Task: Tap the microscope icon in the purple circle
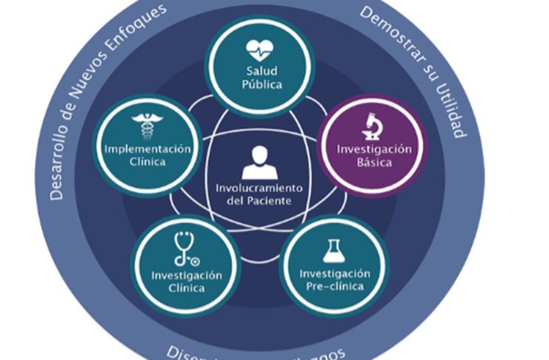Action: click(x=372, y=126)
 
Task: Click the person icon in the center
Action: click(x=259, y=162)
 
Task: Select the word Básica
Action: click(x=374, y=162)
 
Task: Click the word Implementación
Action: click(x=147, y=149)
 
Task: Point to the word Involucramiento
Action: click(x=259, y=187)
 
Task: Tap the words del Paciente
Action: click(x=259, y=201)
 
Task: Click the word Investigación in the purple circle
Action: click(x=374, y=149)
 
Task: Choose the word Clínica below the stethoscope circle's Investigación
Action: click(x=186, y=288)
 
